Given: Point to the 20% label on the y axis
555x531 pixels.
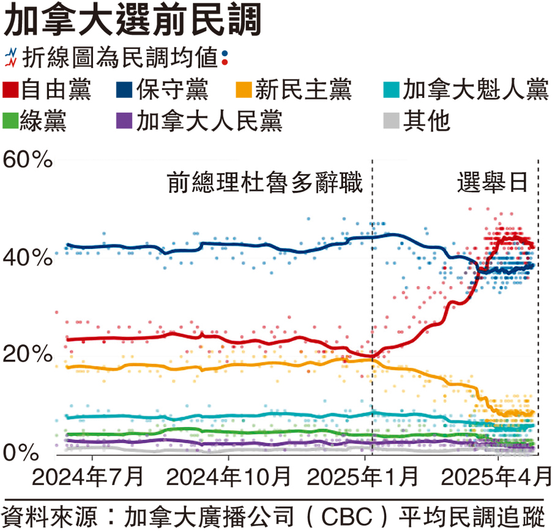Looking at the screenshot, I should click(28, 355).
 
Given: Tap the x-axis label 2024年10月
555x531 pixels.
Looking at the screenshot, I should click(228, 476).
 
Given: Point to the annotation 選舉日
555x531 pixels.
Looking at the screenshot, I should click(492, 183).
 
